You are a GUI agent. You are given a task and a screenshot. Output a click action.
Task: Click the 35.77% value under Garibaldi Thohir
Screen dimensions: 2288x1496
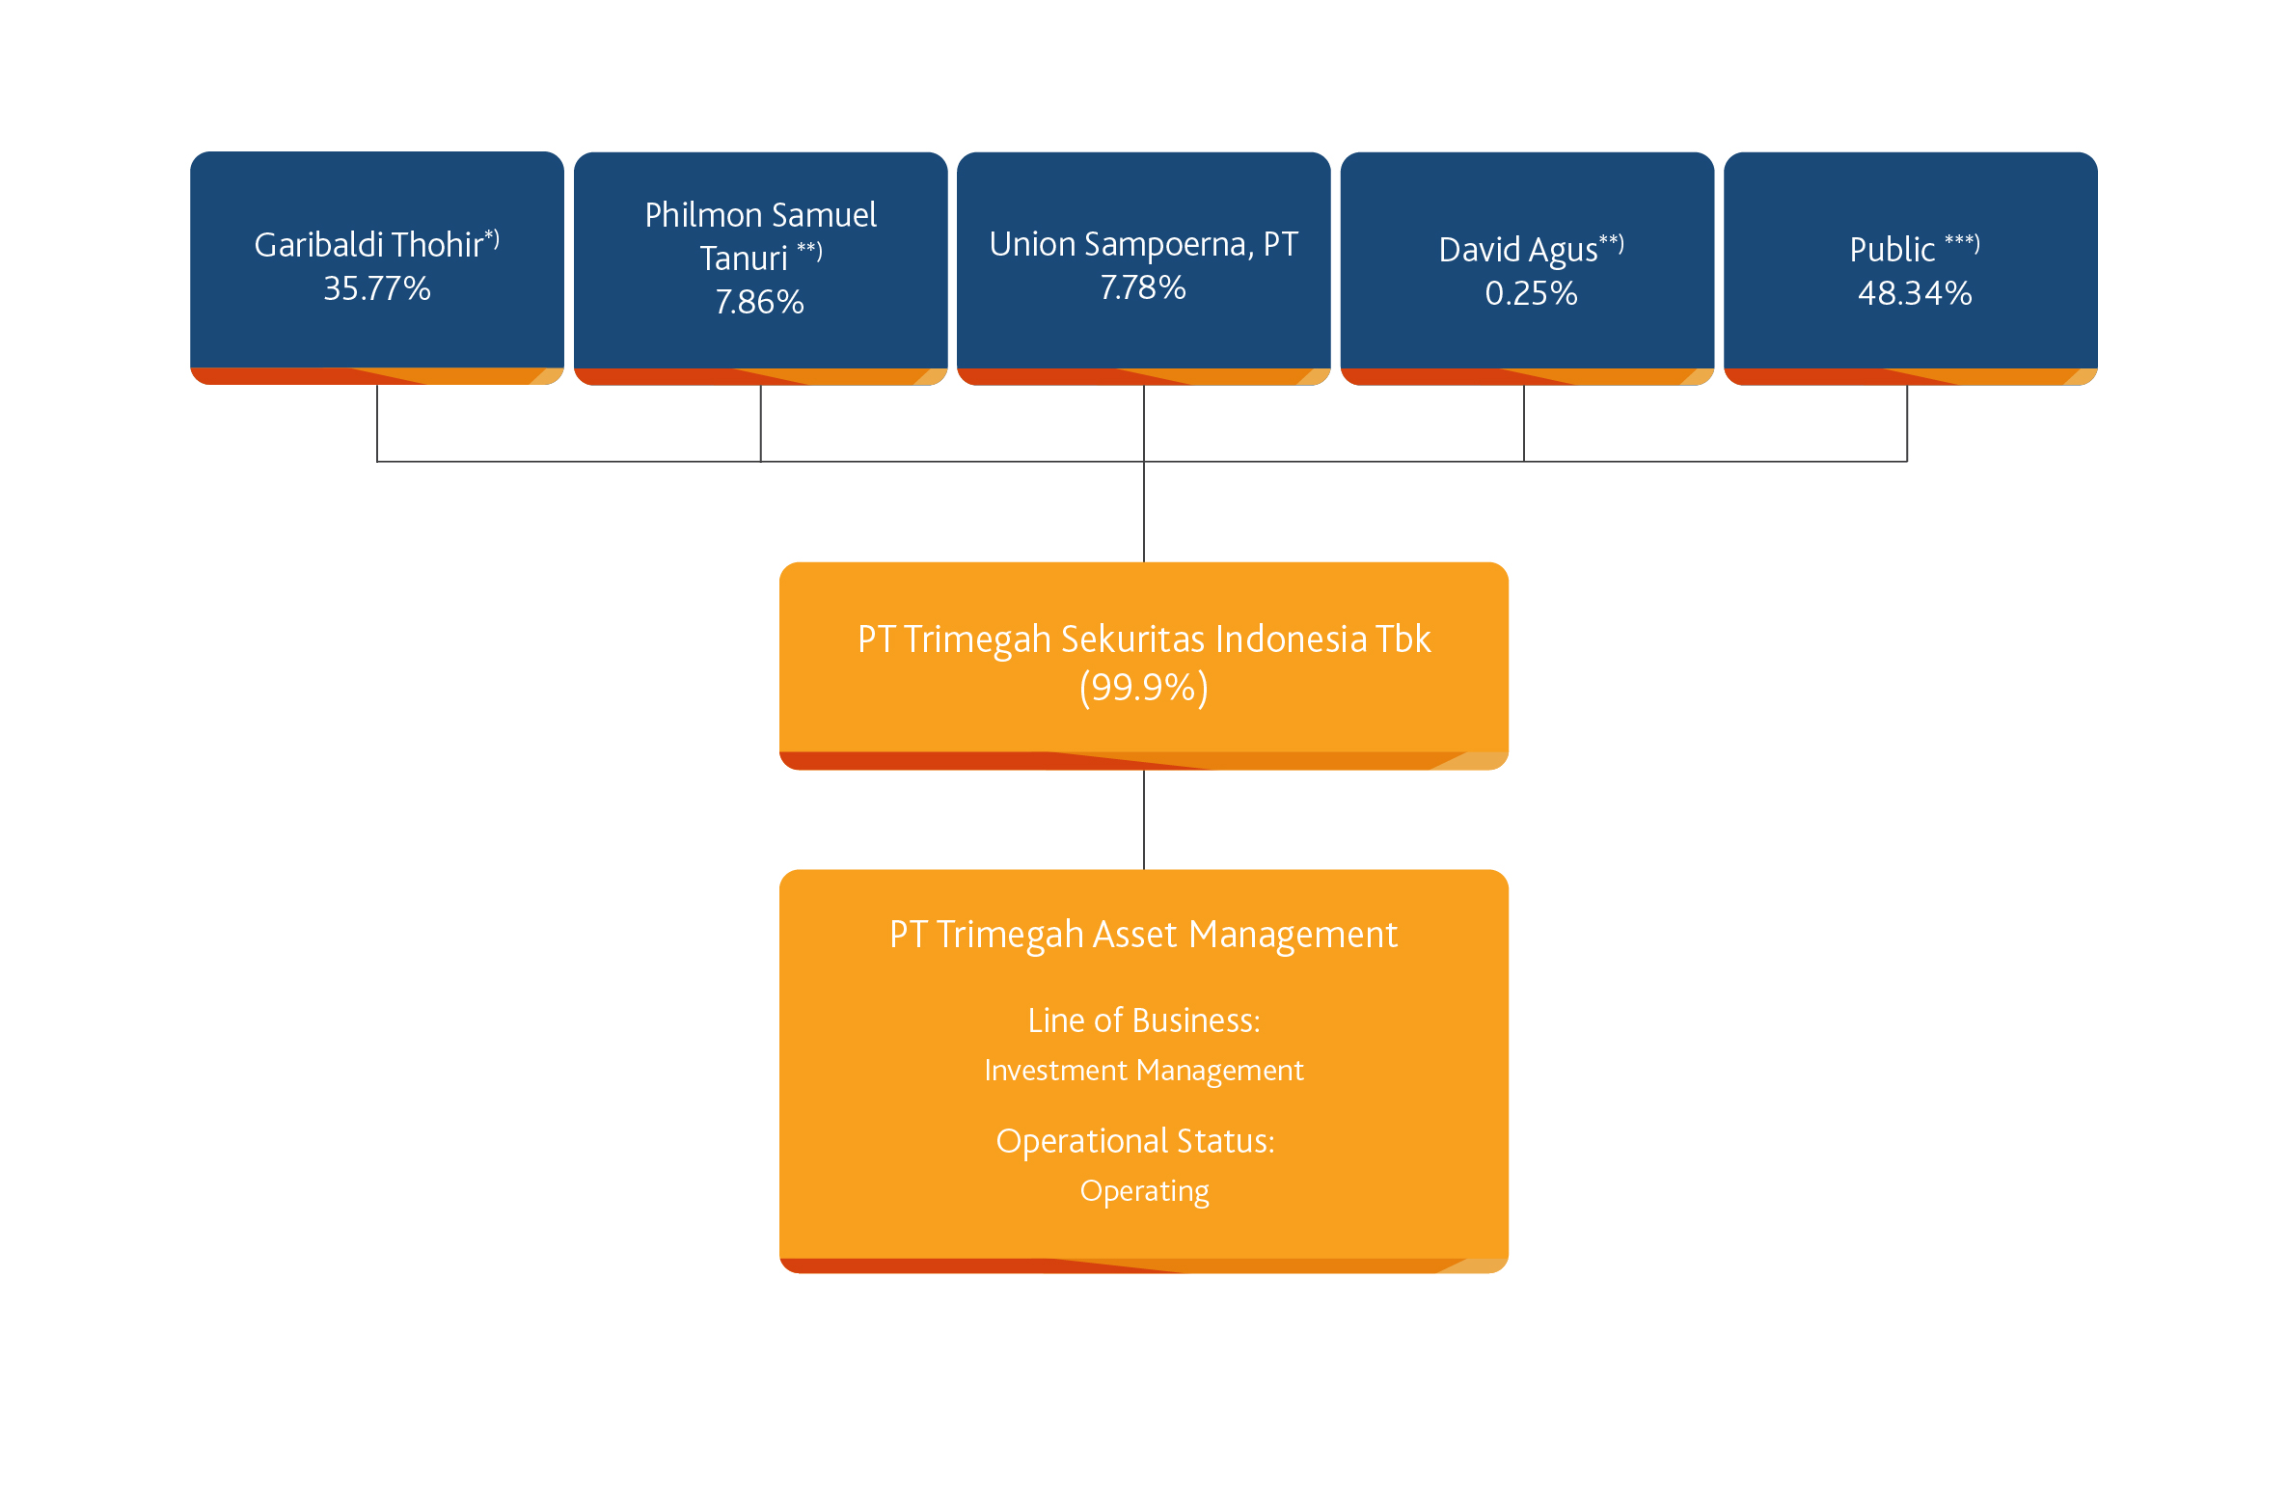(x=377, y=288)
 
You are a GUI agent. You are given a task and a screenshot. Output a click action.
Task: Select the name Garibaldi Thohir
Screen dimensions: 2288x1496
(x=368, y=245)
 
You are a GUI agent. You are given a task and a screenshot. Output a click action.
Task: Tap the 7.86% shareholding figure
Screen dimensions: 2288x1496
(x=760, y=302)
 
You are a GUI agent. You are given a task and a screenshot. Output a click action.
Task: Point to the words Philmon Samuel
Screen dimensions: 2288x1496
(x=761, y=214)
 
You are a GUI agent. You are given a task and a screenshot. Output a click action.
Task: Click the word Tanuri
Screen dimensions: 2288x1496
(x=744, y=258)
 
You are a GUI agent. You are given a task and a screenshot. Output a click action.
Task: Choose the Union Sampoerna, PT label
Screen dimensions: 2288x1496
(x=1144, y=244)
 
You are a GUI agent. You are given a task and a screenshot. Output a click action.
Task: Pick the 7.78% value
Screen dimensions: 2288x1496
(x=1143, y=287)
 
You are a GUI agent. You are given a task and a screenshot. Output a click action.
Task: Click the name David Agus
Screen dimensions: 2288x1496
(x=1518, y=250)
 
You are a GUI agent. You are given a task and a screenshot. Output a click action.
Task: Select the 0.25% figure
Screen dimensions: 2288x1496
(x=1532, y=293)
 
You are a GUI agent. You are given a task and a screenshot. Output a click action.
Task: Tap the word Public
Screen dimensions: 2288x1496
(x=1893, y=250)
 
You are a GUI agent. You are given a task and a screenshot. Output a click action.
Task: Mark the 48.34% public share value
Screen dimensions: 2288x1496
(x=1915, y=293)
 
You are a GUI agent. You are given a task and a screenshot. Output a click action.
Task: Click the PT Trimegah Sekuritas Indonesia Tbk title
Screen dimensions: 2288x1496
(x=1144, y=639)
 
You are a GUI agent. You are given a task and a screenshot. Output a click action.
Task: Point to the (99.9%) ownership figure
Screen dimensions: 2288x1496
(x=1144, y=688)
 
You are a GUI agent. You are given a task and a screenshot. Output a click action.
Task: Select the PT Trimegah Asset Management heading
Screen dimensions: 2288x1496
(x=1144, y=935)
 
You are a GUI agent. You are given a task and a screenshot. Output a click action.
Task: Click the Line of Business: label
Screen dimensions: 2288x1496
(x=1144, y=1020)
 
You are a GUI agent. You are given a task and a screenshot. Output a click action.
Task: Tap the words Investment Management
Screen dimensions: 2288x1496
(x=1144, y=1071)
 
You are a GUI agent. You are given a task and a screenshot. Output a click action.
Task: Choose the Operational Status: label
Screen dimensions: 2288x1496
(x=1135, y=1141)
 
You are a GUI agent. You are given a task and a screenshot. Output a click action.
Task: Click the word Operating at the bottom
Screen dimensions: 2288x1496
(x=1145, y=1192)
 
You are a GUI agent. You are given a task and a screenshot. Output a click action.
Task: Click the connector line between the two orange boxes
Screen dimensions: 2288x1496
(x=1144, y=820)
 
